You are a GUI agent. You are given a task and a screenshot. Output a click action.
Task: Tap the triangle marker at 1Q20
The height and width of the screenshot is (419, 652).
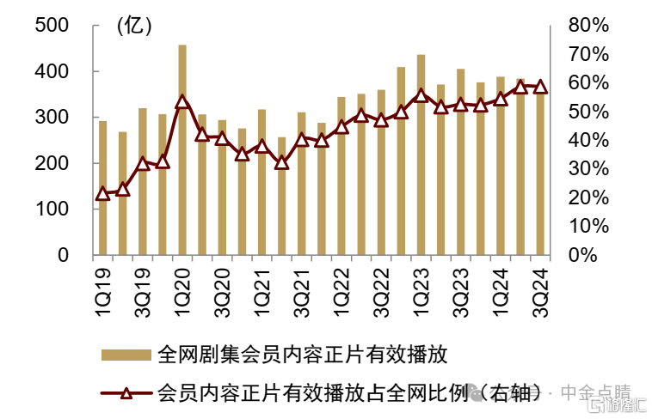coord(182,101)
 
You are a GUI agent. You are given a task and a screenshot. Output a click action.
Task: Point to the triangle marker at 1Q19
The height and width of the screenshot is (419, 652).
coord(103,193)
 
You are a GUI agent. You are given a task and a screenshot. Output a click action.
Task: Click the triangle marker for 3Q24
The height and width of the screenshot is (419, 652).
coord(540,87)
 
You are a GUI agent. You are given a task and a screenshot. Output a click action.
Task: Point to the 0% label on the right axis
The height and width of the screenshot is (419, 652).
coord(594,255)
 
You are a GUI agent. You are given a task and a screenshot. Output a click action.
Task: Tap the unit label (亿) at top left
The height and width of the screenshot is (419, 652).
coord(133,26)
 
